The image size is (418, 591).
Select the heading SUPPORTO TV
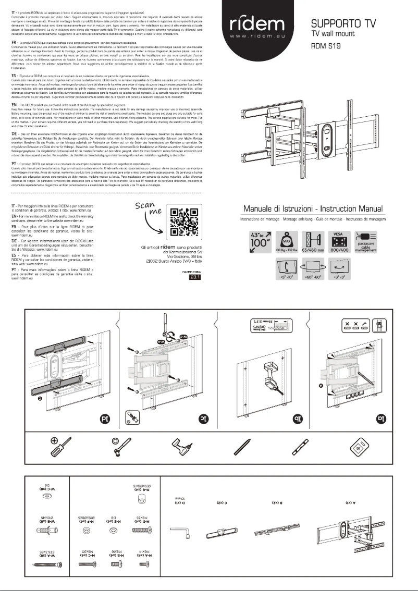(337, 23)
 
